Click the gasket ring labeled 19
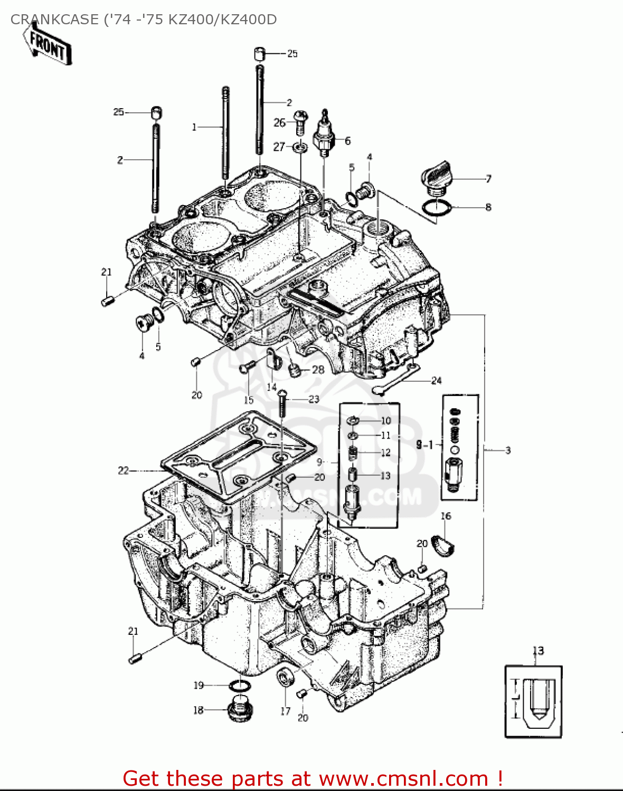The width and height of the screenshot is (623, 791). tap(240, 686)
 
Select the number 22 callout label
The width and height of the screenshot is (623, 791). tap(123, 470)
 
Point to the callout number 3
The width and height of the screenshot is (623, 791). tap(507, 450)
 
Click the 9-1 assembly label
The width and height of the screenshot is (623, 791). tap(424, 445)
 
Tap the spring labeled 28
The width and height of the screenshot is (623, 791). tap(295, 371)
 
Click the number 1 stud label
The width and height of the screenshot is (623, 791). tap(194, 127)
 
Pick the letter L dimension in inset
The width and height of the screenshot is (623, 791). tap(517, 698)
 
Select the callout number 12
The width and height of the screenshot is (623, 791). tap(385, 452)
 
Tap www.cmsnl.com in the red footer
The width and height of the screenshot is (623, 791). tap(403, 778)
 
